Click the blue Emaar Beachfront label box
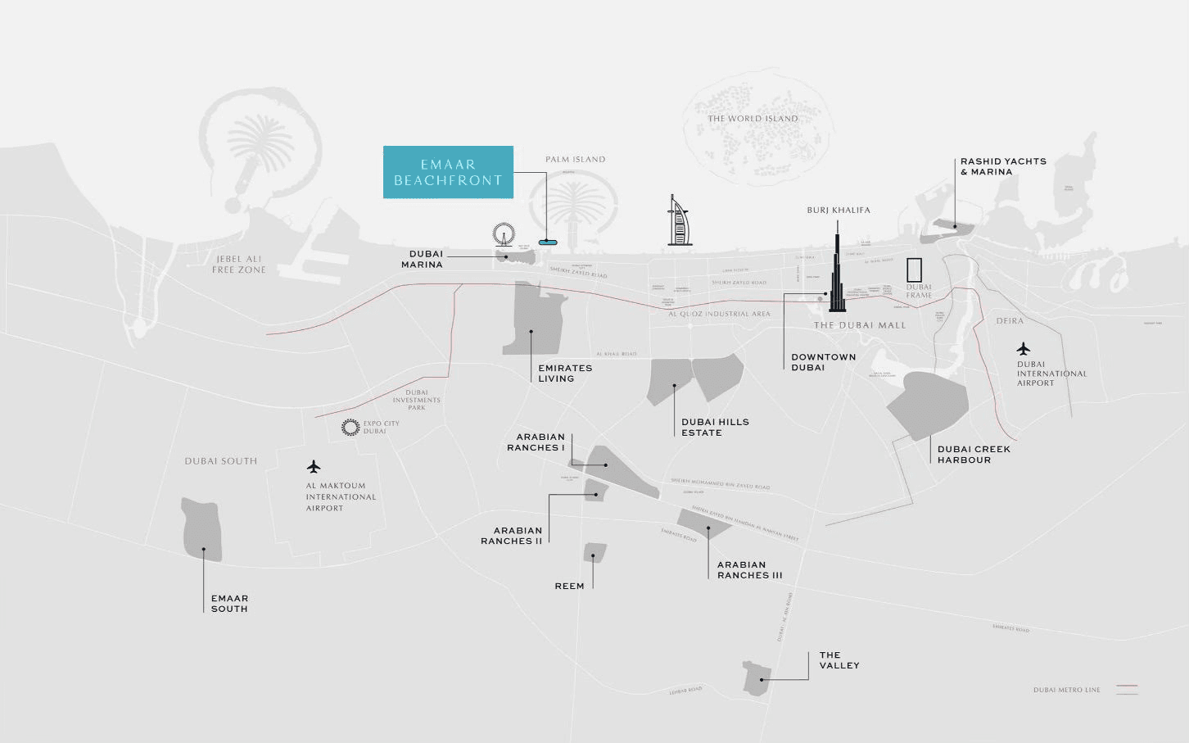[448, 172]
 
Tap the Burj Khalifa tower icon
[837, 279]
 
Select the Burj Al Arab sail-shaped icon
[679, 222]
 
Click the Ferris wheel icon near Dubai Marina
[504, 234]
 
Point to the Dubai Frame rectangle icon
[914, 270]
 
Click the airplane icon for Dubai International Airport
[1023, 349]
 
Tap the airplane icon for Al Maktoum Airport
[314, 467]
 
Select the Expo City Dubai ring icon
[350, 427]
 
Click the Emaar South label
[229, 604]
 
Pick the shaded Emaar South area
[201, 528]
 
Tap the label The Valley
[839, 660]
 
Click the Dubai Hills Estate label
[715, 427]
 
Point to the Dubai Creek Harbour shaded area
[929, 405]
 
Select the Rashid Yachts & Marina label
[1003, 166]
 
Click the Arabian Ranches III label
[749, 569]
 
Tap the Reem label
[569, 586]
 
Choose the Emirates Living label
[565, 373]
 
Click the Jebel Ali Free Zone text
[239, 264]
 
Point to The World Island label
[753, 119]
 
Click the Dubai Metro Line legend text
[1066, 690]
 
